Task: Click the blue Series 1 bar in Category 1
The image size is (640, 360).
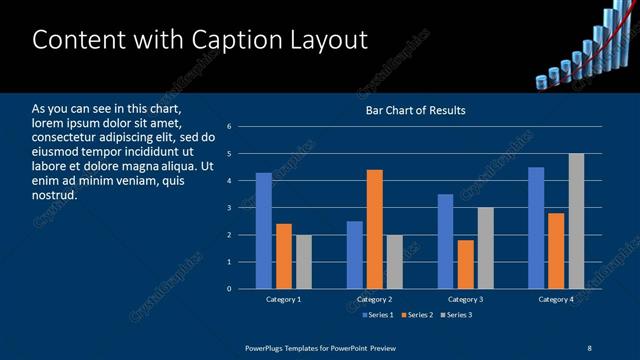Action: (x=263, y=231)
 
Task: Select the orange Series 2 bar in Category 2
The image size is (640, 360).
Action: (x=375, y=229)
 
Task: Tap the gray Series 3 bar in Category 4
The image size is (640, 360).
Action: (x=576, y=221)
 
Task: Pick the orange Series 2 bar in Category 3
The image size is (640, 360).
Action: (x=465, y=264)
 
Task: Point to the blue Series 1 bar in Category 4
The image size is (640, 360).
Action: (x=536, y=228)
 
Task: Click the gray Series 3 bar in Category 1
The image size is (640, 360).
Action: (x=303, y=262)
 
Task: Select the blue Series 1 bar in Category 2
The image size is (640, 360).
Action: (x=355, y=255)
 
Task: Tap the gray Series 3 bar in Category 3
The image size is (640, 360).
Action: (x=485, y=248)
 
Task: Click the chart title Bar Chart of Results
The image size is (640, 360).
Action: (x=415, y=110)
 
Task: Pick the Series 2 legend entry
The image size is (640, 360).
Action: (x=416, y=315)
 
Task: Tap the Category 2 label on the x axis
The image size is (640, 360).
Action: (x=375, y=299)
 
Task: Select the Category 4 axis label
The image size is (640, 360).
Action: (x=557, y=299)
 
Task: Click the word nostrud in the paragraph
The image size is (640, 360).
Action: (x=54, y=195)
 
